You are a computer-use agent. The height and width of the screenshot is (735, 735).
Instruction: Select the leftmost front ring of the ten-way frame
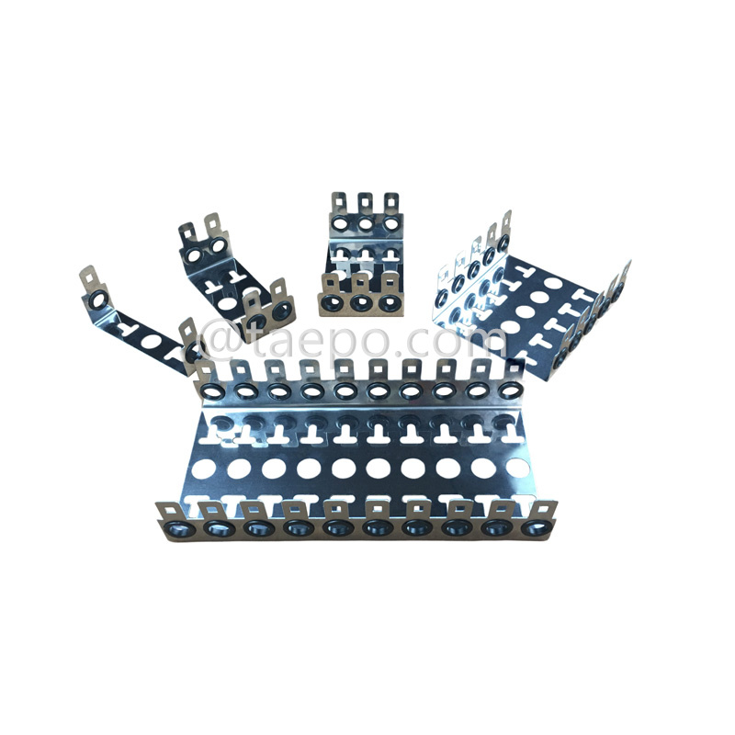[175, 530]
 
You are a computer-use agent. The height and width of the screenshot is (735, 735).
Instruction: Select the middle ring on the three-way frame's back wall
[366, 224]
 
